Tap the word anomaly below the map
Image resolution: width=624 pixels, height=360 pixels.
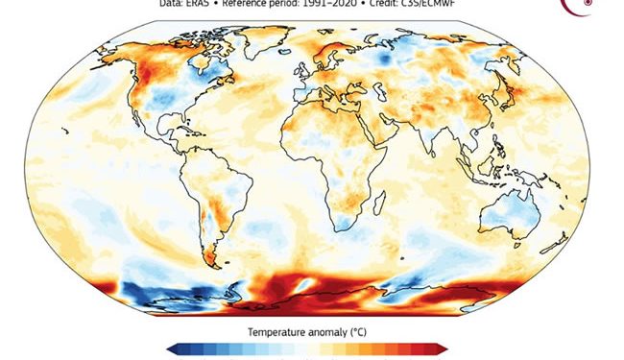328,331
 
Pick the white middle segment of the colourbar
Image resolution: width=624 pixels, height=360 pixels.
306,348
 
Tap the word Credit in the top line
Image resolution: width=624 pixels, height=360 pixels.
376,4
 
